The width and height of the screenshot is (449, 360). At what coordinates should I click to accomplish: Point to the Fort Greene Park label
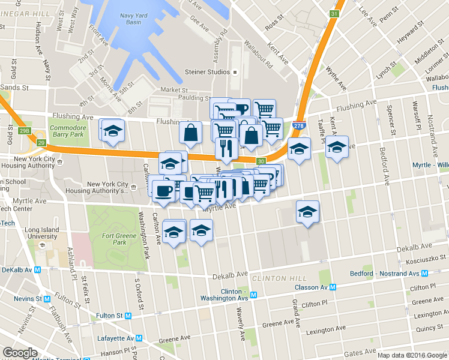click(x=114, y=239)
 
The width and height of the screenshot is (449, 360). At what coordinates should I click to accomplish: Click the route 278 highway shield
click(x=298, y=126)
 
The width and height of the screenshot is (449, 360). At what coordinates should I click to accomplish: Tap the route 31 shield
click(x=334, y=13)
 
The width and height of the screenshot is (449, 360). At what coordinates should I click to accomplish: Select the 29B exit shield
click(x=24, y=131)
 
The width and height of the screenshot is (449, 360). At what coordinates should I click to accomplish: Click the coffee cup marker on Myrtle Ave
click(x=163, y=192)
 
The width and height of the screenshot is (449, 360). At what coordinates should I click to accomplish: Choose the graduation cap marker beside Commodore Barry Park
click(x=112, y=132)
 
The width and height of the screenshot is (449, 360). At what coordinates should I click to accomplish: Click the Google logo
click(x=20, y=353)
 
